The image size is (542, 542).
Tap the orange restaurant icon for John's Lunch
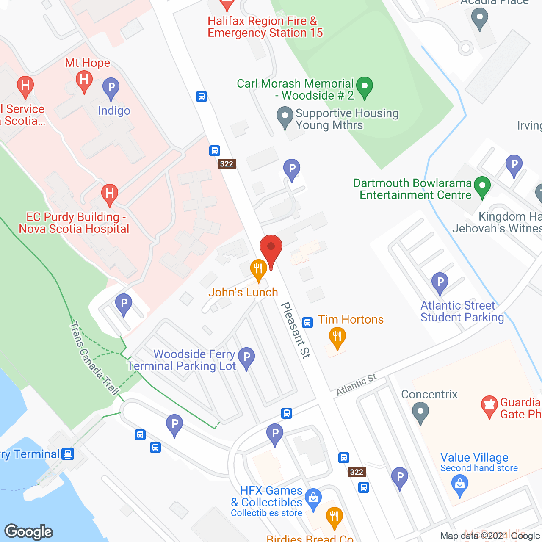258,269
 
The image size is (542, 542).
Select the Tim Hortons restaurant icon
337,337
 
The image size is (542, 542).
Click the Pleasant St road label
296,330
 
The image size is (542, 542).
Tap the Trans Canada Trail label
94,358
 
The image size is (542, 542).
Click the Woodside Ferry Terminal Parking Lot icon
246,358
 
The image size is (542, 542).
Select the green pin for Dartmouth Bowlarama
482,187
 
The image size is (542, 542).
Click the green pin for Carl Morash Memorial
364,87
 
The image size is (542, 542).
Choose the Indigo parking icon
111,88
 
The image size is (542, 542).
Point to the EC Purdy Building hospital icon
109,194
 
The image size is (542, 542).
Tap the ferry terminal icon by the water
67,454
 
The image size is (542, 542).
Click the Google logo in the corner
29,532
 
